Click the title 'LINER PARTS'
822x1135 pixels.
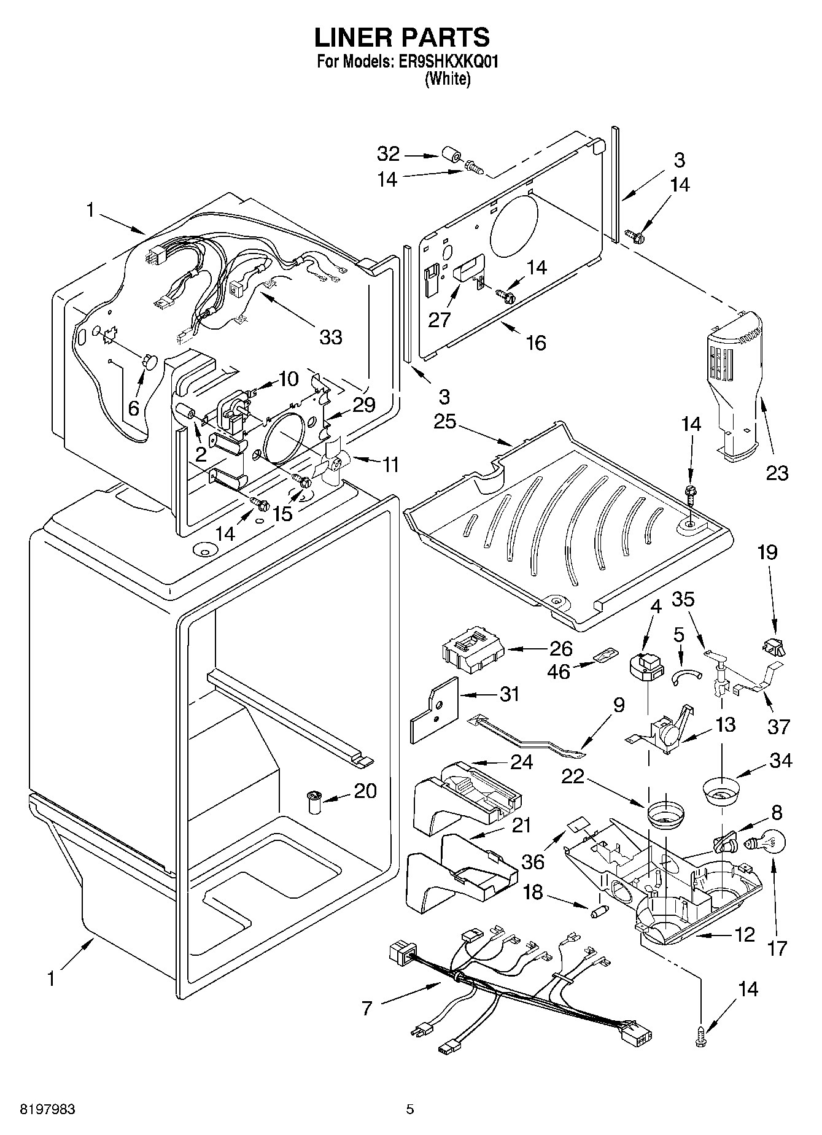(x=402, y=37)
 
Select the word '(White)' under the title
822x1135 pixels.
(x=448, y=79)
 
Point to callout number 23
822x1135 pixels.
(x=777, y=473)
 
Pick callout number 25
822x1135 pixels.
(x=446, y=422)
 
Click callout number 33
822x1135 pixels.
(x=331, y=337)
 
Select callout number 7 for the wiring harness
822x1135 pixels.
(x=367, y=1008)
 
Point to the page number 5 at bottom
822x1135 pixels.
(x=410, y=1109)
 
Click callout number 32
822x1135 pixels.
(x=389, y=153)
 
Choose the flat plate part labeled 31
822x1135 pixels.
(x=435, y=710)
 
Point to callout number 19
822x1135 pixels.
(x=767, y=552)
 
